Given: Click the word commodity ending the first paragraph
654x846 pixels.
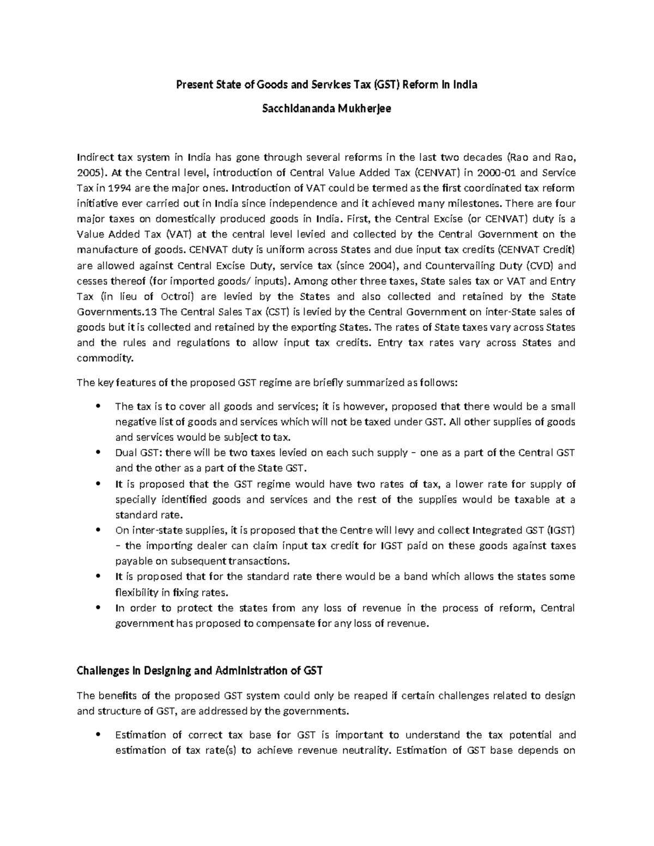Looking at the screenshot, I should tap(105, 358).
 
